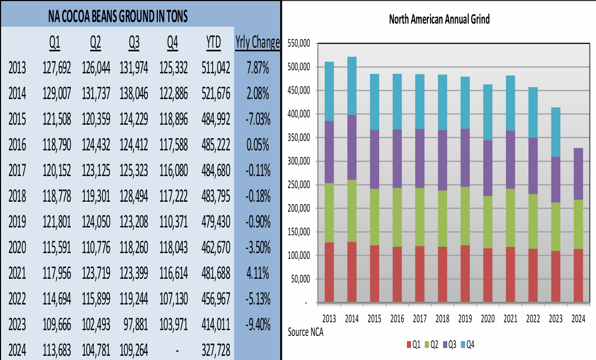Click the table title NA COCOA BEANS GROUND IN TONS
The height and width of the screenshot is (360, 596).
(117, 17)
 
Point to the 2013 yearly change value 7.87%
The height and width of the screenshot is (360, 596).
(258, 68)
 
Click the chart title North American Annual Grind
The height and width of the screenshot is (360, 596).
(439, 20)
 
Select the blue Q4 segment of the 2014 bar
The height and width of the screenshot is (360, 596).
(352, 85)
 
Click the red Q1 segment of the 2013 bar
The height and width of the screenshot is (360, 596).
(329, 272)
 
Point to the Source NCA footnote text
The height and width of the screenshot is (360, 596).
(306, 333)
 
